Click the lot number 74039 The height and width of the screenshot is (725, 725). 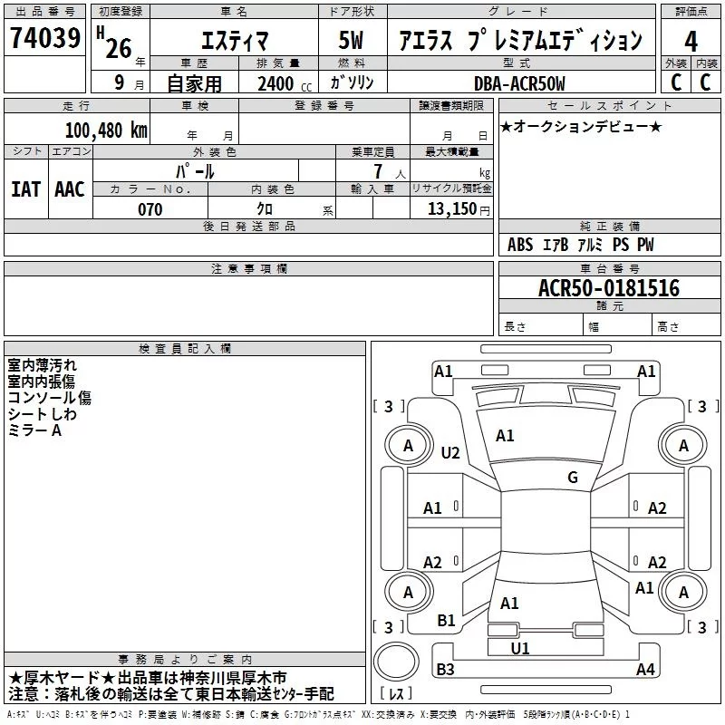click(45, 37)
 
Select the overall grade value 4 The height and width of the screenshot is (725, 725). click(691, 42)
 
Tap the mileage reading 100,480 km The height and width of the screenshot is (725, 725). click(106, 130)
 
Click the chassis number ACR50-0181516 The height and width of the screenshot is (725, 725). click(609, 288)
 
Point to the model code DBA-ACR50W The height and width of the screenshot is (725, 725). click(519, 83)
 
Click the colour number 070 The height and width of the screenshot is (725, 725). click(150, 209)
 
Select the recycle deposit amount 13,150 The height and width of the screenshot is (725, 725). click(451, 208)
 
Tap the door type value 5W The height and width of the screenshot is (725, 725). click(351, 40)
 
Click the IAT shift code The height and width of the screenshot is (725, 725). click(25, 189)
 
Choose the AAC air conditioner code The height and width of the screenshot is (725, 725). click(70, 189)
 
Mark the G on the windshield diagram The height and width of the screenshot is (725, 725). click(573, 477)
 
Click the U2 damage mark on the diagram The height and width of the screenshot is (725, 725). click(450, 452)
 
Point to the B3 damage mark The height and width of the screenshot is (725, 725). click(445, 669)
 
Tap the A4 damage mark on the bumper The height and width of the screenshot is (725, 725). click(645, 669)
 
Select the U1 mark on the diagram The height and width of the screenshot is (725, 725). click(520, 648)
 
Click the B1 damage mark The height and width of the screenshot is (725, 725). click(446, 621)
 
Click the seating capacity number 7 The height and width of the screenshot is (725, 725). click(378, 171)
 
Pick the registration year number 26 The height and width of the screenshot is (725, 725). click(119, 48)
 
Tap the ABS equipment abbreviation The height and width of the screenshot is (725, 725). click(520, 245)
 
